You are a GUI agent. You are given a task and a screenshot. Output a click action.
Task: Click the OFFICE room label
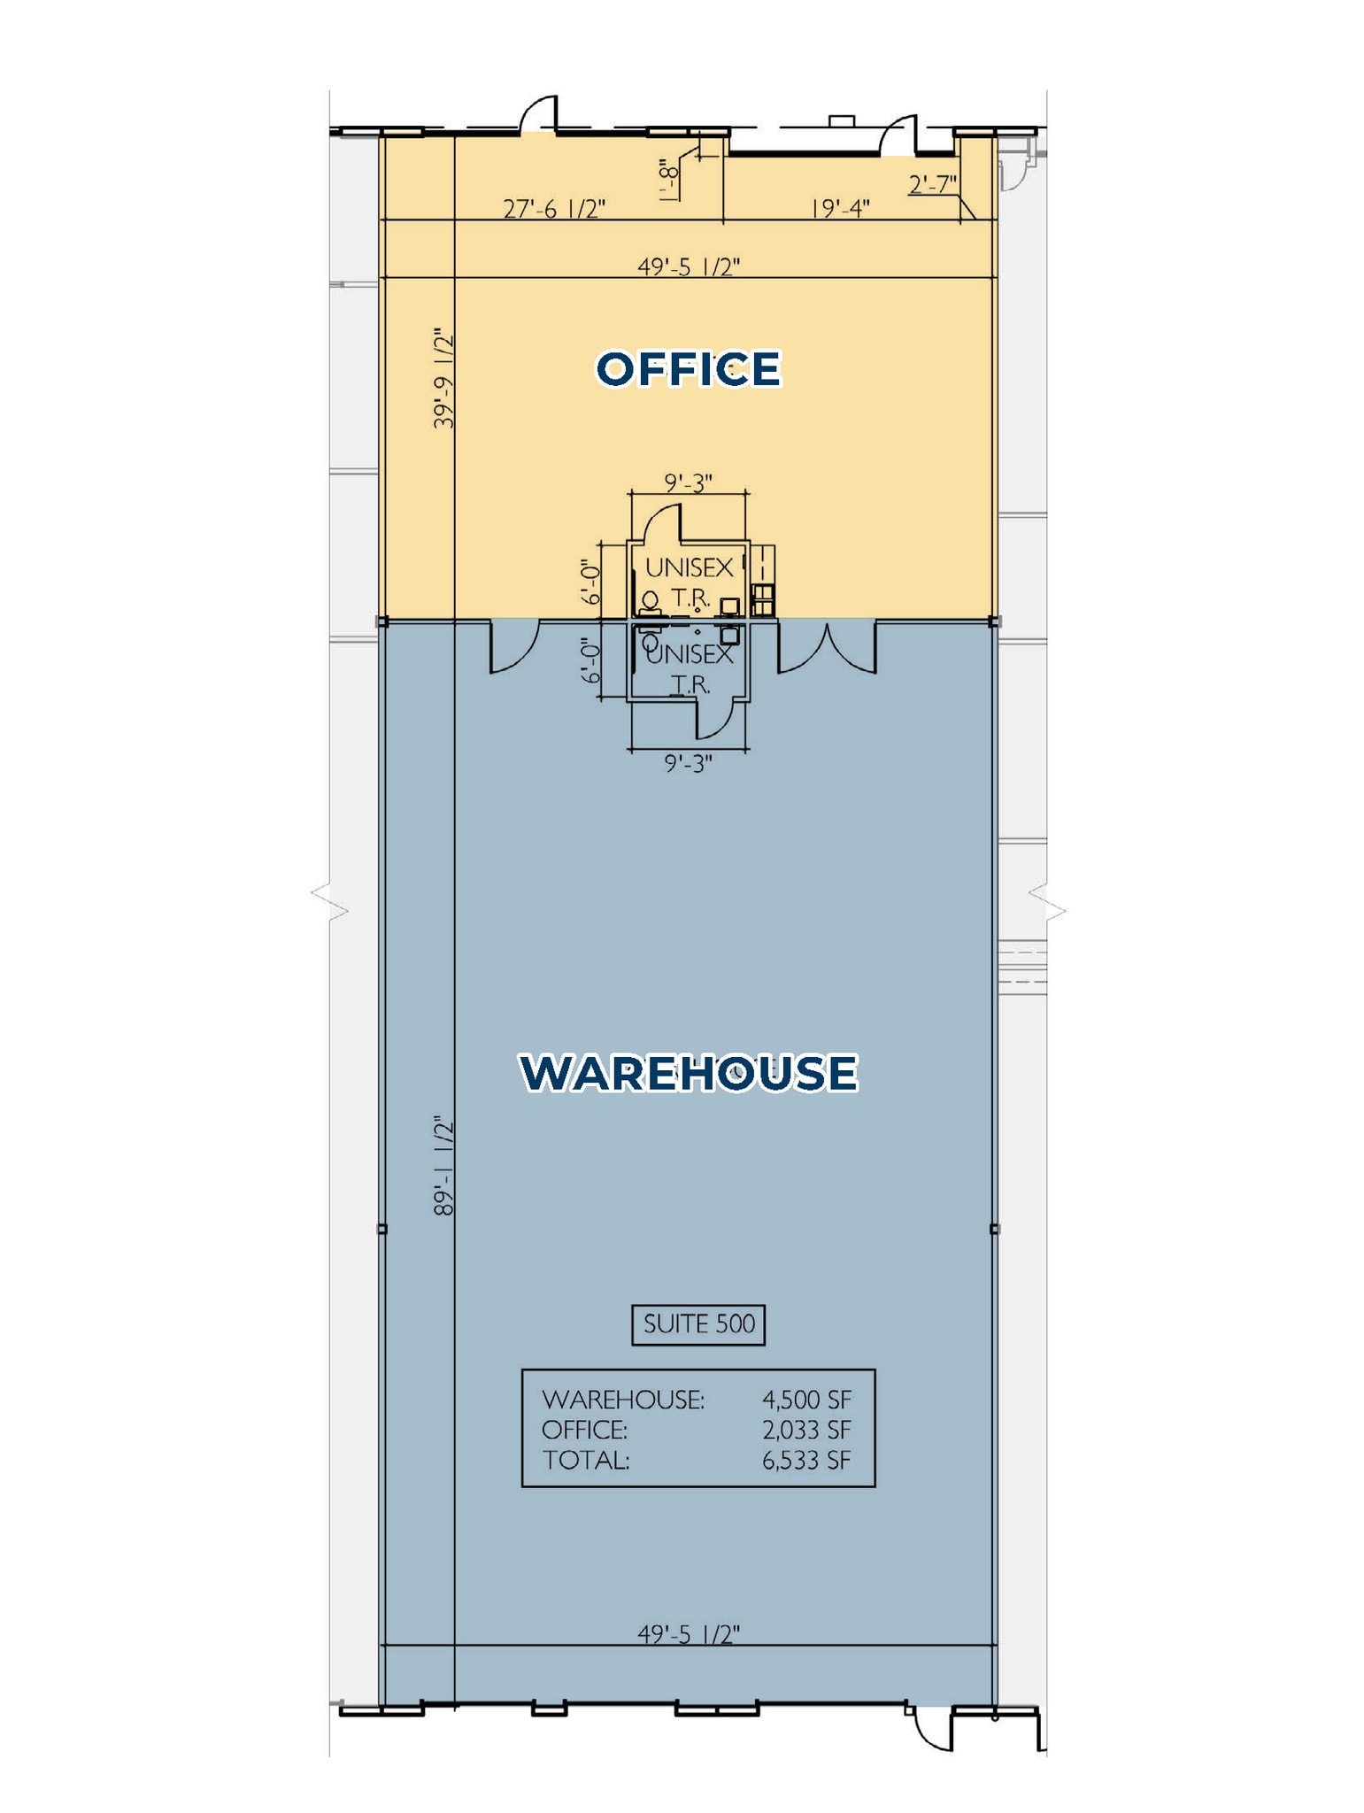pyautogui.click(x=688, y=368)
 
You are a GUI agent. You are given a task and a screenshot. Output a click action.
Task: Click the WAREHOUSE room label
pyautogui.click(x=688, y=1072)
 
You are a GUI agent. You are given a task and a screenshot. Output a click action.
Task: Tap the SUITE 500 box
pyautogui.click(x=698, y=1324)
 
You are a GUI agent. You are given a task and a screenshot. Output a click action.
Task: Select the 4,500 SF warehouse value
pyautogui.click(x=806, y=1400)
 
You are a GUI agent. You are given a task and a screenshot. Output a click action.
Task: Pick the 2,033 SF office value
pyautogui.click(x=806, y=1430)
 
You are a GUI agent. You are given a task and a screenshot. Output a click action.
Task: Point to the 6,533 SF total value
pyautogui.click(x=806, y=1460)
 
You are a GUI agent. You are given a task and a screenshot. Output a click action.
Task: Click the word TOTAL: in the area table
pyautogui.click(x=586, y=1460)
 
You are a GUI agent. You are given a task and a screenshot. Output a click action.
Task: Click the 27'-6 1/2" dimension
pyautogui.click(x=554, y=209)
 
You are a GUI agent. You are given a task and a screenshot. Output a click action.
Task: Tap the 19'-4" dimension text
pyautogui.click(x=840, y=209)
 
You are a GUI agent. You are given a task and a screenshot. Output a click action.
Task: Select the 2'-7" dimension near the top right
pyautogui.click(x=933, y=184)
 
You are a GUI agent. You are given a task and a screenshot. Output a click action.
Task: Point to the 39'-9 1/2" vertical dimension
pyautogui.click(x=443, y=379)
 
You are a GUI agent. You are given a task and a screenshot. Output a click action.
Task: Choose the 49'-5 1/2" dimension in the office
pyautogui.click(x=688, y=266)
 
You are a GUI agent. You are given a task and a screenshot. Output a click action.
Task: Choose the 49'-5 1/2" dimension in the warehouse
pyautogui.click(x=688, y=1633)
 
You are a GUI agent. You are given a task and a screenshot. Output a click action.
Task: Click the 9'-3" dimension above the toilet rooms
pyautogui.click(x=688, y=482)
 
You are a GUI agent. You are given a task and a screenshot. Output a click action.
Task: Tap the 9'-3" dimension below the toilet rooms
pyautogui.click(x=688, y=763)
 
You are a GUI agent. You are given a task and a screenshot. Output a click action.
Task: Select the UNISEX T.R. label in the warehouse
pyautogui.click(x=690, y=669)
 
